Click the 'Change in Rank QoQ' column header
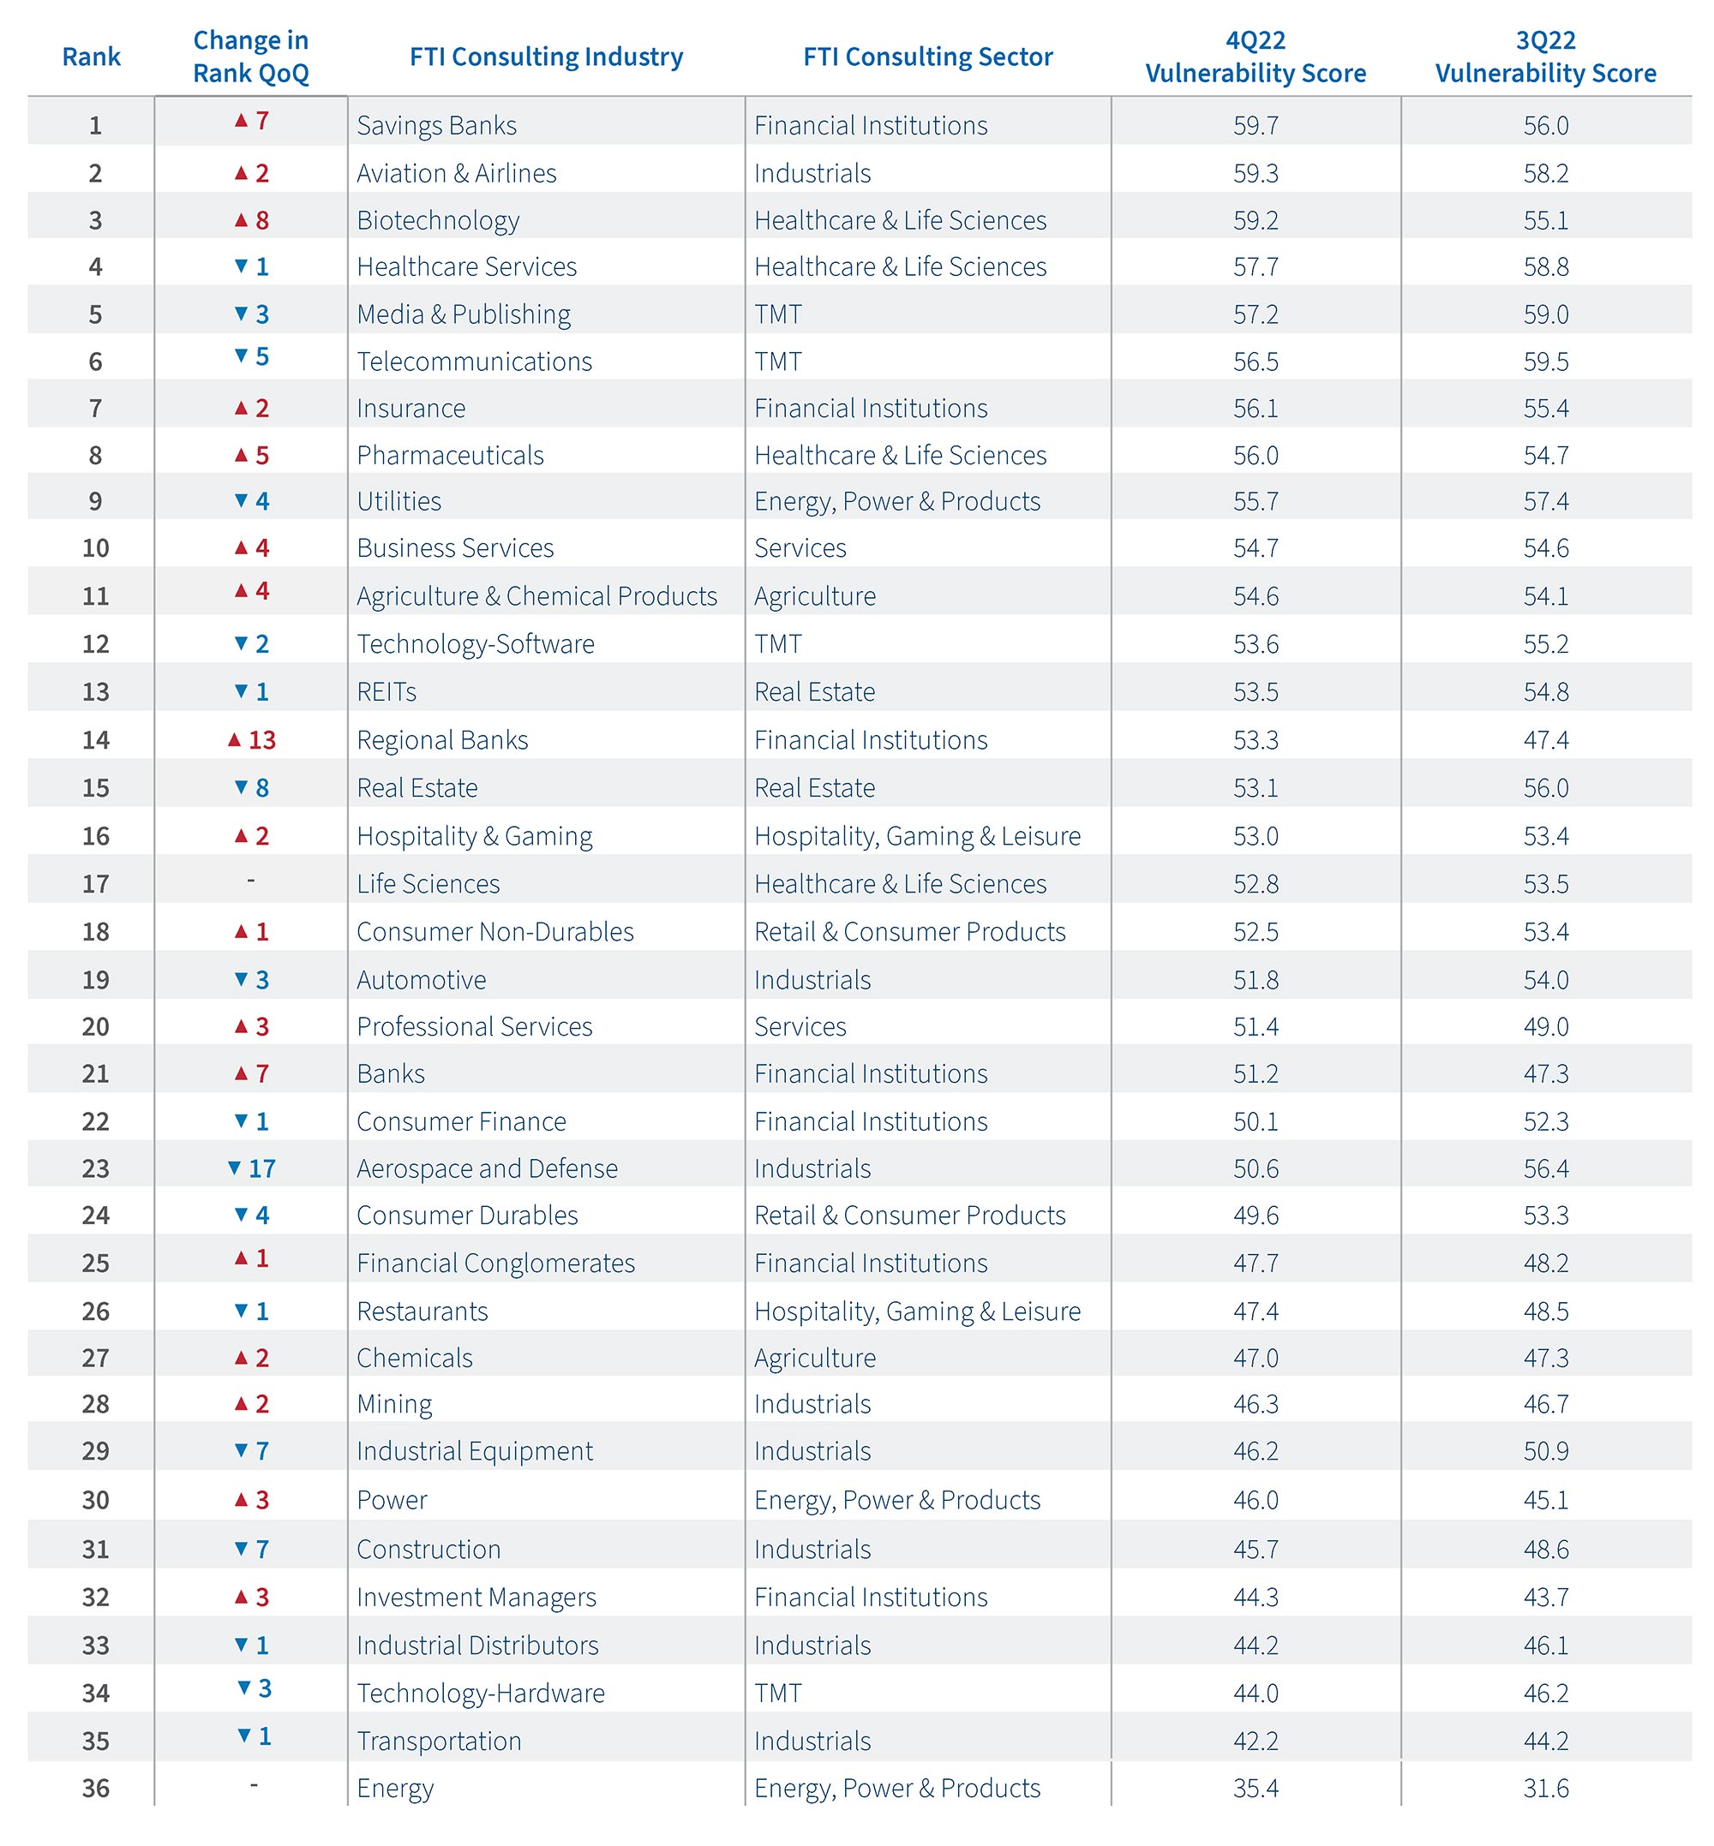tap(250, 57)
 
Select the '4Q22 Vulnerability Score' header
tap(1255, 57)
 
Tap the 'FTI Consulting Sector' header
tap(927, 57)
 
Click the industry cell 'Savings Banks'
tap(436, 125)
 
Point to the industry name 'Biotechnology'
tap(438, 221)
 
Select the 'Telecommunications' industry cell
tap(474, 361)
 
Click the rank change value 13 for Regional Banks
tap(261, 740)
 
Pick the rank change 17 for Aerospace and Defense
tap(261, 1168)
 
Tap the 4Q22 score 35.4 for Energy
tap(1255, 1788)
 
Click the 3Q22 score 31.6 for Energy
tap(1545, 1788)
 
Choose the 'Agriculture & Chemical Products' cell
tap(536, 596)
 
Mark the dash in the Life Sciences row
tap(250, 880)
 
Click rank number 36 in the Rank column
tap(95, 1788)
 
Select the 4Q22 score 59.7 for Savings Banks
tap(1255, 125)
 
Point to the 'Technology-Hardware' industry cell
tap(481, 1693)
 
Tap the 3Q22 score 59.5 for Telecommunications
tap(1545, 361)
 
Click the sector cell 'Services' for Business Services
tap(800, 548)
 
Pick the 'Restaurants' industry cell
tap(422, 1311)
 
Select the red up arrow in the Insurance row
tap(241, 408)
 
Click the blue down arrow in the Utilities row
tap(241, 500)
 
